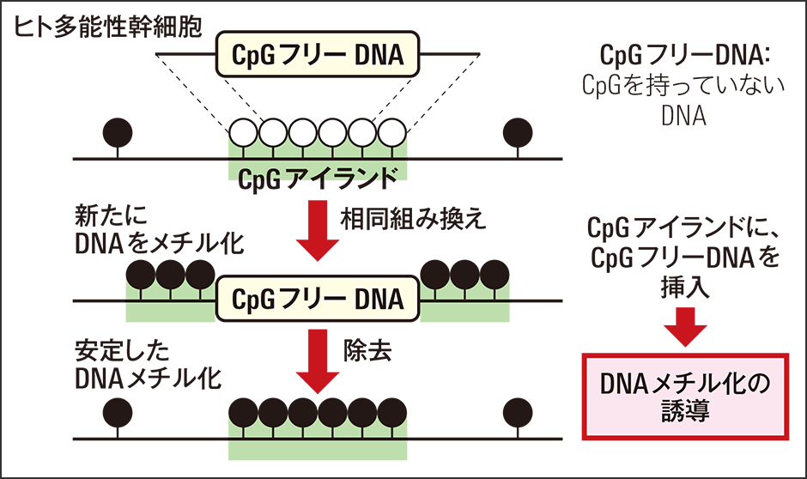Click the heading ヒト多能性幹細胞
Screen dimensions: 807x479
point(107,27)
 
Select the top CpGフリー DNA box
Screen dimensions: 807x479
point(318,55)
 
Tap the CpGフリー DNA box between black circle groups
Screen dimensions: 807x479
point(318,299)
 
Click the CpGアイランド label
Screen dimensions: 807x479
point(318,179)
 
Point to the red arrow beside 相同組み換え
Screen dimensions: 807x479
point(318,230)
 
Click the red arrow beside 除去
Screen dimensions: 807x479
point(318,361)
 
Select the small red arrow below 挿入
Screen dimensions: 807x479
point(685,327)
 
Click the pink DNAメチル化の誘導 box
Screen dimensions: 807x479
point(685,397)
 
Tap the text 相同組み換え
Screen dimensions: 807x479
point(413,219)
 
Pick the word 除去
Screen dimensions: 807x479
point(368,351)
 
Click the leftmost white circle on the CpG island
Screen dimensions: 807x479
point(244,133)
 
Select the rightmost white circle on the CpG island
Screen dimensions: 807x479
point(392,133)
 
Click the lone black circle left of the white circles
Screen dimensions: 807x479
point(118,133)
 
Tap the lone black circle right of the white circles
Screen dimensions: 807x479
point(518,133)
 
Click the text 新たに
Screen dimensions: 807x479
point(111,215)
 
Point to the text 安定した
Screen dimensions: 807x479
point(123,351)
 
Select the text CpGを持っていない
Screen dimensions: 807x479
point(684,85)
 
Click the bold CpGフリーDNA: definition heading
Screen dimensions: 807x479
point(684,55)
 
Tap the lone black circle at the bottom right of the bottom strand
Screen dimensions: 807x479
point(518,413)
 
